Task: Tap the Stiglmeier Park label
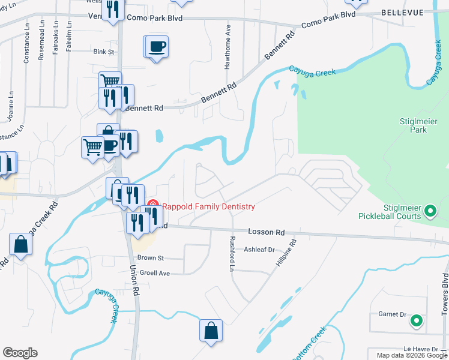(x=413, y=125)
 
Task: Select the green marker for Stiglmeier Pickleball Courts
(x=430, y=211)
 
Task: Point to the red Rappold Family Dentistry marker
(x=152, y=206)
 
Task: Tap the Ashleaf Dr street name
(x=259, y=250)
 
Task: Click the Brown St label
(x=151, y=257)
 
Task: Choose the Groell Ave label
(x=155, y=272)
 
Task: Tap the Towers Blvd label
(x=445, y=295)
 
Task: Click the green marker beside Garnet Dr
(x=415, y=321)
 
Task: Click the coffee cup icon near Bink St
(x=156, y=46)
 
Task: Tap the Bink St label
(x=104, y=52)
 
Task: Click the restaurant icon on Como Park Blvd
(x=112, y=10)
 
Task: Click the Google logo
(x=20, y=353)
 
